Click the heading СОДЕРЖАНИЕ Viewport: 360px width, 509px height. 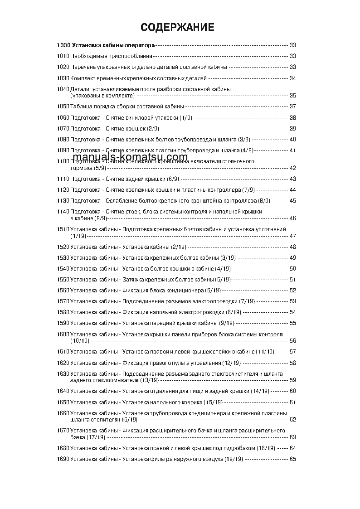pos(177,28)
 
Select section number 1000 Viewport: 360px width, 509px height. pos(63,45)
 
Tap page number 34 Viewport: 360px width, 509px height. pos(292,78)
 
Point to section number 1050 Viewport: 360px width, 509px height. pos(63,107)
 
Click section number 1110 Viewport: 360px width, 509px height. pos(63,179)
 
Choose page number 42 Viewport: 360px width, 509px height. pos(292,168)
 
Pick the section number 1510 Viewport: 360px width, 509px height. pos(63,229)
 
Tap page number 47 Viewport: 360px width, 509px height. pos(292,236)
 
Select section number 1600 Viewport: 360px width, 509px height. pos(63,334)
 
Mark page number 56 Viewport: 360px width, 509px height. pos(292,341)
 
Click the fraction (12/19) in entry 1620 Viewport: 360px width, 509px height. pos(232,363)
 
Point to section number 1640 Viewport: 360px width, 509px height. pos(63,391)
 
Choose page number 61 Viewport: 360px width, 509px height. pos(292,402)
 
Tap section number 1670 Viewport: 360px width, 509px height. pos(63,430)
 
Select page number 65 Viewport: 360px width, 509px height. pos(292,459)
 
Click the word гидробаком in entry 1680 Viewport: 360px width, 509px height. pos(241,448)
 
